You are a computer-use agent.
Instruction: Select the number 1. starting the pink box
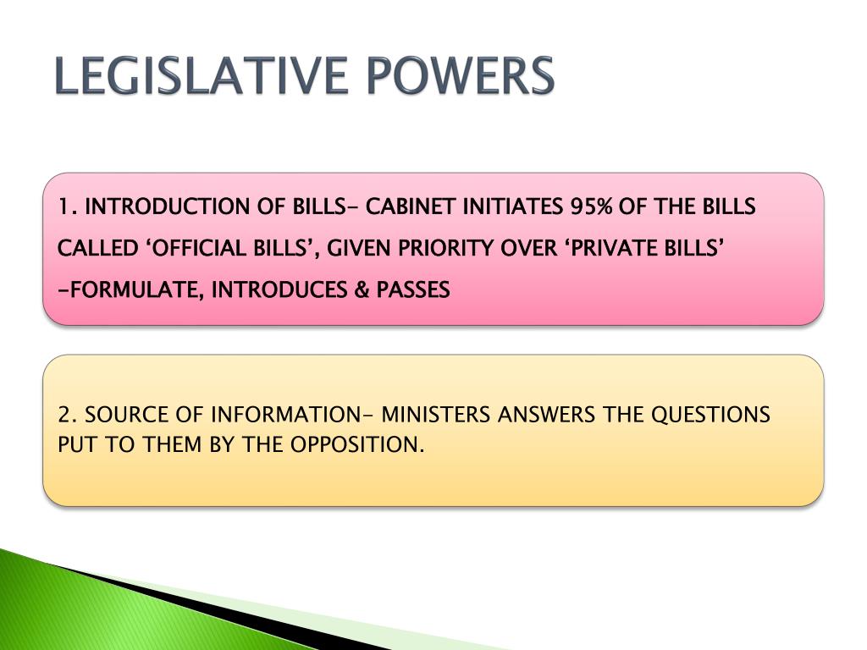point(69,207)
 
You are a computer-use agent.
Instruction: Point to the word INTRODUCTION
point(169,207)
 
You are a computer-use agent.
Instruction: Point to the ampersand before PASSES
point(362,290)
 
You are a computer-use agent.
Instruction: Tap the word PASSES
point(413,290)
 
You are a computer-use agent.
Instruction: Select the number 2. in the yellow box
point(69,416)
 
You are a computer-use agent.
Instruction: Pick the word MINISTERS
point(436,416)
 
